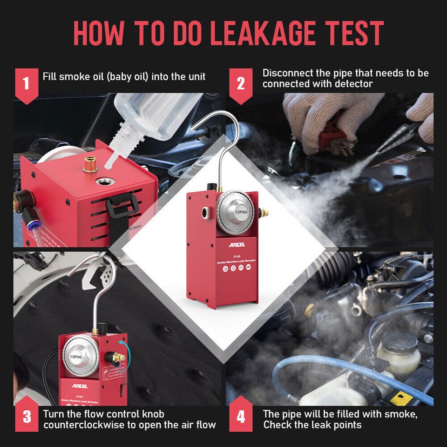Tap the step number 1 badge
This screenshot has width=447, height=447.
pos(26,84)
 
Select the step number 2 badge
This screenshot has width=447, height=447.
pos(241,84)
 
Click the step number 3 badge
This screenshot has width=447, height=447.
pos(26,416)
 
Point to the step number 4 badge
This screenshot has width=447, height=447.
pos(241,416)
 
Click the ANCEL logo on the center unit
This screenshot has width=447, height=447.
pos(237,244)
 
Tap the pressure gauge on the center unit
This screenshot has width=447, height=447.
pos(236,212)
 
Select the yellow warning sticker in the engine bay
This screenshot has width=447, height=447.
pos(399,397)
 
